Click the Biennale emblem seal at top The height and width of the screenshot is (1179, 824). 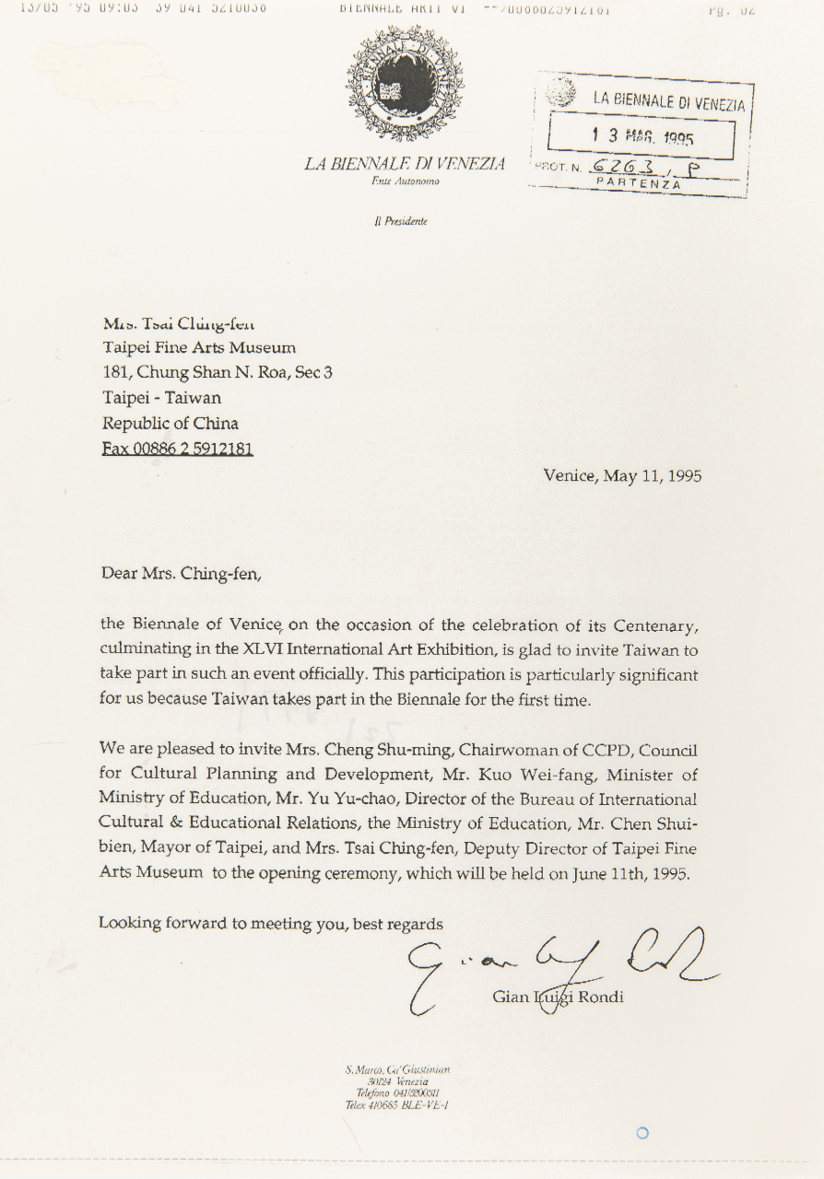tap(405, 83)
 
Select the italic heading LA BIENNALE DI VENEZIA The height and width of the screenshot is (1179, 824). tap(405, 164)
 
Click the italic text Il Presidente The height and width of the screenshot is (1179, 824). tap(406, 221)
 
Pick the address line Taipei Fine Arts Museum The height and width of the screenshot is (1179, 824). tap(199, 347)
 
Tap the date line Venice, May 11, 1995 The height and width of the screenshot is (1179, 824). tap(622, 476)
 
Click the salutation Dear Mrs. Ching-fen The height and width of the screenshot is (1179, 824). tap(182, 574)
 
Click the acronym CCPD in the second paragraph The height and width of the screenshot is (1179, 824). tap(584, 752)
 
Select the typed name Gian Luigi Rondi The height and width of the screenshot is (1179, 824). tap(558, 997)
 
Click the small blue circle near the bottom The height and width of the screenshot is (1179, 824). tap(642, 1132)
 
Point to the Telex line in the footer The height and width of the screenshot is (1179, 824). tap(396, 1105)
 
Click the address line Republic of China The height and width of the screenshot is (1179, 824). tap(171, 424)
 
